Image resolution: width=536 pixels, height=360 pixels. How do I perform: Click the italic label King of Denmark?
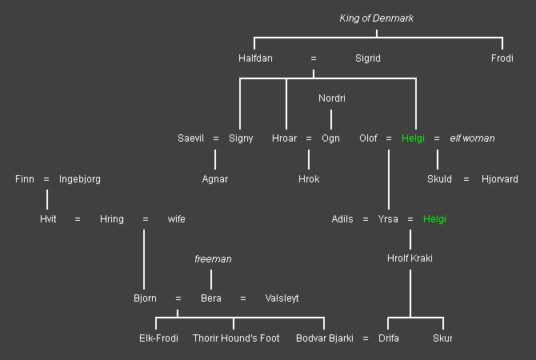[x=376, y=18]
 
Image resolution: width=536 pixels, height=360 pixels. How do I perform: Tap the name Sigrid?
[x=368, y=58]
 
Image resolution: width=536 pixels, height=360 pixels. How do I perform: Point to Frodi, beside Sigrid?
[x=502, y=58]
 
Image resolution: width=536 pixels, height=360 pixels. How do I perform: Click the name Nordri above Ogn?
[x=332, y=98]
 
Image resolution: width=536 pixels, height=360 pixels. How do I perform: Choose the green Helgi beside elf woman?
[x=413, y=138]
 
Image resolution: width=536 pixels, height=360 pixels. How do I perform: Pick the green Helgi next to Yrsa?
[x=434, y=219]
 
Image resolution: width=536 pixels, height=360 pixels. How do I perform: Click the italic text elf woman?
[x=472, y=138]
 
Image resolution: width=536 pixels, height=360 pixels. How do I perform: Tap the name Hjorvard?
[x=500, y=179]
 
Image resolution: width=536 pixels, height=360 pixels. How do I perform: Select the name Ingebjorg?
[x=80, y=179]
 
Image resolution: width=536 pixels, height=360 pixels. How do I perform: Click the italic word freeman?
[x=213, y=259]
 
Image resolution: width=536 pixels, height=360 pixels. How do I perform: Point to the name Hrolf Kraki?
[x=410, y=258]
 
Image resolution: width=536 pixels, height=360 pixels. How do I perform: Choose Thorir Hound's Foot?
[x=236, y=338]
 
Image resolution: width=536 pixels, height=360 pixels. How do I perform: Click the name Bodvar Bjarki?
[x=325, y=338]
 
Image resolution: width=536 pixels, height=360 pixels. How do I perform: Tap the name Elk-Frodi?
[x=158, y=338]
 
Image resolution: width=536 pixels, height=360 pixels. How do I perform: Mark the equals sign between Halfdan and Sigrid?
[x=314, y=58]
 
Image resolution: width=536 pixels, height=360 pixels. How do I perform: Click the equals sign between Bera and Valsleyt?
[x=243, y=298]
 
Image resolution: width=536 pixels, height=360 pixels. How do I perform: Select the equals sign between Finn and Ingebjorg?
[x=46, y=179]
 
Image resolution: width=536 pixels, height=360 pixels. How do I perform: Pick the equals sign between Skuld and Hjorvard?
[x=466, y=179]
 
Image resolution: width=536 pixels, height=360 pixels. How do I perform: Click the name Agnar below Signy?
[x=215, y=179]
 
